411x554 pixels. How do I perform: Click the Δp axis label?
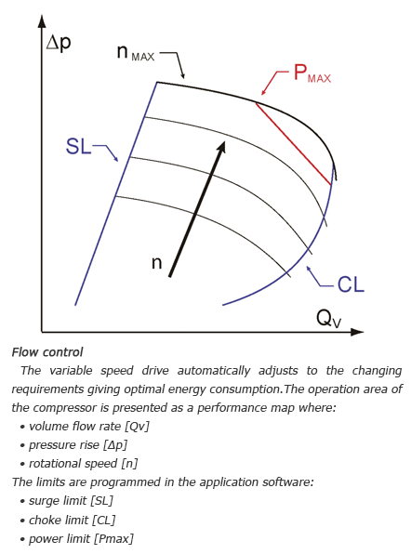59,44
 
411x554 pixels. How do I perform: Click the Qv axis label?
328,319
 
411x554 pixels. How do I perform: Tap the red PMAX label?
312,73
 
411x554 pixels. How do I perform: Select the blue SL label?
78,146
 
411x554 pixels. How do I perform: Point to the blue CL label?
351,284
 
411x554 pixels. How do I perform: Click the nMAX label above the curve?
136,53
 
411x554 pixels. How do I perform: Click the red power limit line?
293,144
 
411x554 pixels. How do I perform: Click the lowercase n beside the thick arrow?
156,263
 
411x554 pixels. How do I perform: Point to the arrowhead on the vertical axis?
42,21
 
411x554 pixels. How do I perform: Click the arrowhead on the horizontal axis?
357,332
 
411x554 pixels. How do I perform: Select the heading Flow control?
47,352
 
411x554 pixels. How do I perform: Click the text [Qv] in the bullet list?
137,426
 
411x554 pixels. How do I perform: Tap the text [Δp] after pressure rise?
115,445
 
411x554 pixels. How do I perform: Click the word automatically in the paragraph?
214,371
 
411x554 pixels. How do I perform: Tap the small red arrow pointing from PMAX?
275,83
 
